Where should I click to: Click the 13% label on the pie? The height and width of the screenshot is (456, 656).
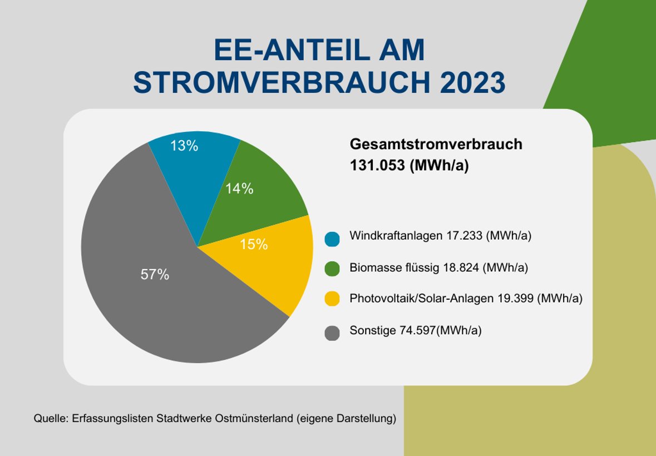click(184, 146)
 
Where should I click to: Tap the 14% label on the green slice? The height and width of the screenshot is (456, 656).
click(239, 189)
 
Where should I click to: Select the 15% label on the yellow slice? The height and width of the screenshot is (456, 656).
click(254, 244)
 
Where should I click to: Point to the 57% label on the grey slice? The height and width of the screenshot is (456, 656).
click(155, 274)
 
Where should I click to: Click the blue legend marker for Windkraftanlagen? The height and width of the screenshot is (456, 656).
click(332, 239)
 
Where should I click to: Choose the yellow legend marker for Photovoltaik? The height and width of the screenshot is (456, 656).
click(332, 300)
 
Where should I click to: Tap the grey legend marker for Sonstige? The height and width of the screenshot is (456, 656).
click(332, 333)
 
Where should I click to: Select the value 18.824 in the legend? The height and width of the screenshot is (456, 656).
click(461, 267)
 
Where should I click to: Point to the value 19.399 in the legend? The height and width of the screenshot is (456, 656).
click(516, 299)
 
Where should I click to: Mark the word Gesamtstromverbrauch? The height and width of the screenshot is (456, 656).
click(436, 145)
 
